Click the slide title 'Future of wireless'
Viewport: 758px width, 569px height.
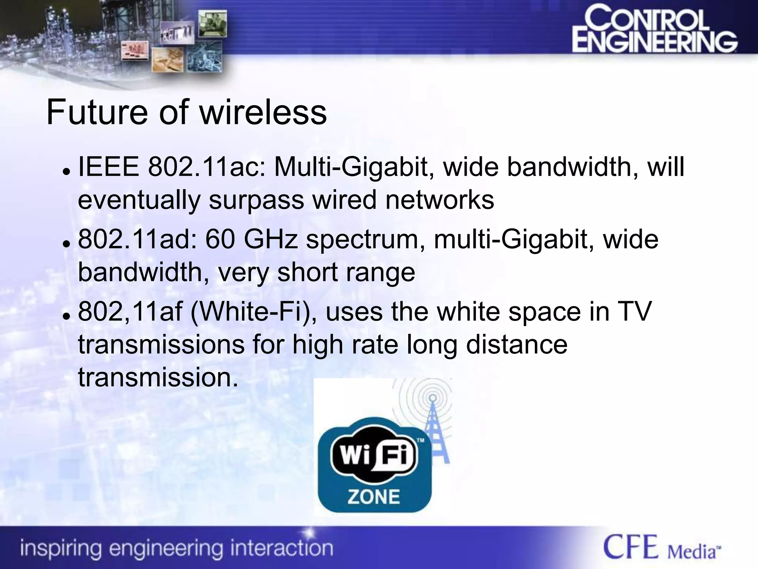tap(187, 112)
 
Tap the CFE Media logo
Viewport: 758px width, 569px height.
tap(662, 547)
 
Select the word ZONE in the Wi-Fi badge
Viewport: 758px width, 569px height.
tap(373, 497)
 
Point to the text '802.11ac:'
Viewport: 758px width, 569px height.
tap(207, 167)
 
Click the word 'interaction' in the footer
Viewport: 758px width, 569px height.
tap(281, 548)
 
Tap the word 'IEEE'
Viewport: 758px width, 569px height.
tap(109, 167)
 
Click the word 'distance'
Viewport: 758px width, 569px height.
tap(516, 344)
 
